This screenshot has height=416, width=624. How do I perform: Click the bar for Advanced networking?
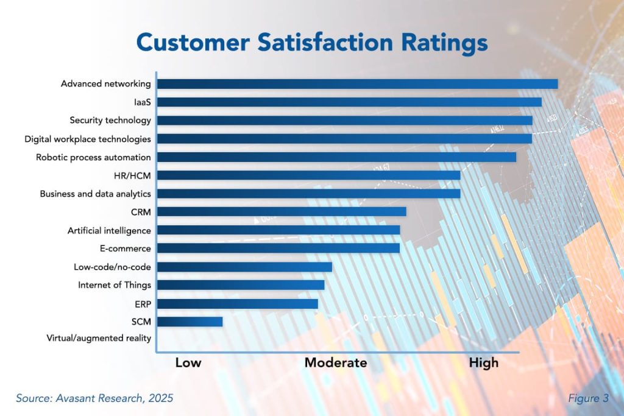coord(357,84)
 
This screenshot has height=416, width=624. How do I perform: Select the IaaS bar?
coord(349,102)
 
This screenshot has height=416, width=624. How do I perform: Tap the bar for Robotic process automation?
coord(336,157)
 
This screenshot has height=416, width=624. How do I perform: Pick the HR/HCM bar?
coord(308,175)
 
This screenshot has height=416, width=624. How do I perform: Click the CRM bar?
coord(282,211)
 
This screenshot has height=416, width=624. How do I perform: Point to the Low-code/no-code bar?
coord(244,267)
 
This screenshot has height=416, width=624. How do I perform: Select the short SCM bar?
coord(190,321)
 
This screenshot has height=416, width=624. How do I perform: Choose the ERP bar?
coord(238,303)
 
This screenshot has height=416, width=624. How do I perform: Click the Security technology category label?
coord(110,121)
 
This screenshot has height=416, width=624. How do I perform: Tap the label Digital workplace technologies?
coord(88,139)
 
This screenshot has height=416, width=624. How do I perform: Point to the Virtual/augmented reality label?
coord(99,338)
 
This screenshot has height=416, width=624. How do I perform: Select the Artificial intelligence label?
coord(109,230)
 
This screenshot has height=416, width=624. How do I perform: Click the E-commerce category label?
coord(125,249)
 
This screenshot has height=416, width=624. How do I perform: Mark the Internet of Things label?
coord(115,285)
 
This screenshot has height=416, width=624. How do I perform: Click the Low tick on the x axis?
coord(188,363)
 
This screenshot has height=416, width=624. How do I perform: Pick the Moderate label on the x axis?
coord(336,363)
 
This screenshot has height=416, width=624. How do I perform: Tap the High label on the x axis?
coord(483,363)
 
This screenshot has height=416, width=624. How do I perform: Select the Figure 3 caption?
coord(588,398)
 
